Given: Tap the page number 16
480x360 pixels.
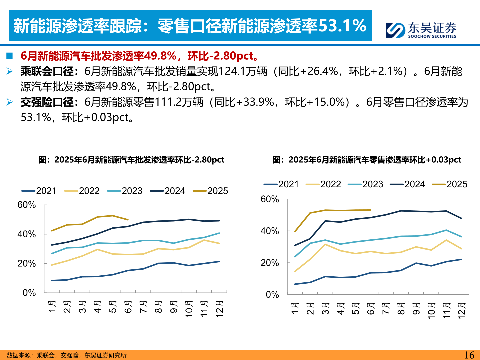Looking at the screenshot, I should click(x=469, y=355).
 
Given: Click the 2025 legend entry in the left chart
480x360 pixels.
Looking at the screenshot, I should click(x=211, y=191).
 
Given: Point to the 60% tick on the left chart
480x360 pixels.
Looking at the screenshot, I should click(x=26, y=205).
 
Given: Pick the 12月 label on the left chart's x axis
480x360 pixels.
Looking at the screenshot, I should click(x=219, y=309).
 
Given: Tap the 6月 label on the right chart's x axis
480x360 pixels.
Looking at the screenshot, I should click(x=371, y=309).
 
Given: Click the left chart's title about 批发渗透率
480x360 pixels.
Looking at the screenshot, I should click(x=131, y=160).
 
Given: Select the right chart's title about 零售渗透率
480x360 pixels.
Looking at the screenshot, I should click(x=367, y=160).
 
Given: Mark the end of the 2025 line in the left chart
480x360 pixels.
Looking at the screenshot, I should click(x=128, y=220).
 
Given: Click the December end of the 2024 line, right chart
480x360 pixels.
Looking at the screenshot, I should click(x=462, y=218).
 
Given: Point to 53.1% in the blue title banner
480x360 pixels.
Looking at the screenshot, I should click(x=342, y=26).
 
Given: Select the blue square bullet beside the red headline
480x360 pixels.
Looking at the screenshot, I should click(x=9, y=56).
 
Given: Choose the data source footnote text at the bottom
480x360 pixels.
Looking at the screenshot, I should click(x=66, y=355).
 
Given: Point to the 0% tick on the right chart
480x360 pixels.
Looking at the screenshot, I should click(x=272, y=294).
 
